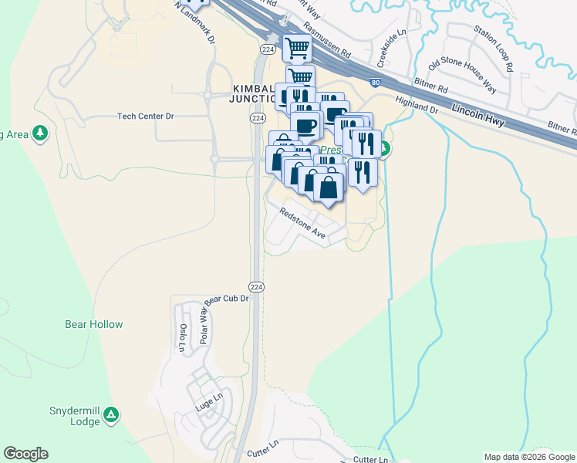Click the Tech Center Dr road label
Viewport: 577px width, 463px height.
click(146, 116)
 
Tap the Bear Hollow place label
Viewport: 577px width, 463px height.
click(94, 324)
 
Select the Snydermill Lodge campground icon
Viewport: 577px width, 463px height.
click(112, 415)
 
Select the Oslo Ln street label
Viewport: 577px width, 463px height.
click(184, 337)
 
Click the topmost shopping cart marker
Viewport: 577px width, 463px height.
click(297, 49)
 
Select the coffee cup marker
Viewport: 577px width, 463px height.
click(306, 126)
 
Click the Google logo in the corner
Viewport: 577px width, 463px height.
click(25, 454)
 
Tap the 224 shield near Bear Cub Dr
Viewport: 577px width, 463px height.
click(258, 286)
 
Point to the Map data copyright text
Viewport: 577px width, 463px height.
click(529, 457)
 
